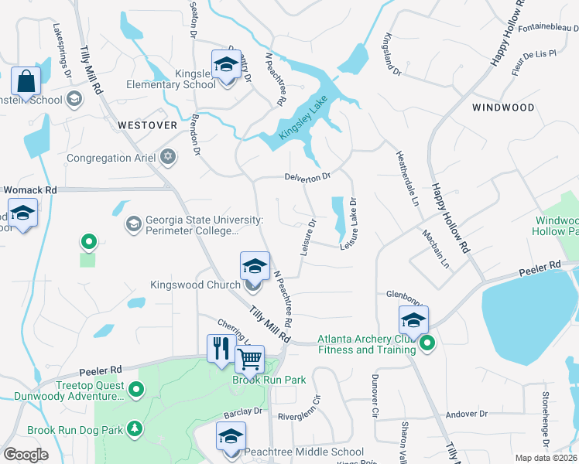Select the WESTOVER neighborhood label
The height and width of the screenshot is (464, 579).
[148, 125]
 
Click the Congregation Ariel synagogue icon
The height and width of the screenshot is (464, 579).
[168, 158]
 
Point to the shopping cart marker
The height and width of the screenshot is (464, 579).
[249, 358]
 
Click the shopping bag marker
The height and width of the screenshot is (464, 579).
[26, 81]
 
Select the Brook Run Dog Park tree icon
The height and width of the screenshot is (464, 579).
[135, 428]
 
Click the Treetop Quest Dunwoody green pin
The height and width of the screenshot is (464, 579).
[136, 389]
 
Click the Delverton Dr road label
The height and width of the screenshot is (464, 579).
[307, 176]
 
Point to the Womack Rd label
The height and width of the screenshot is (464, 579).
[30, 189]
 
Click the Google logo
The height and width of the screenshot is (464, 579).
[26, 455]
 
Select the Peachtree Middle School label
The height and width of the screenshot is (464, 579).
[303, 452]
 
